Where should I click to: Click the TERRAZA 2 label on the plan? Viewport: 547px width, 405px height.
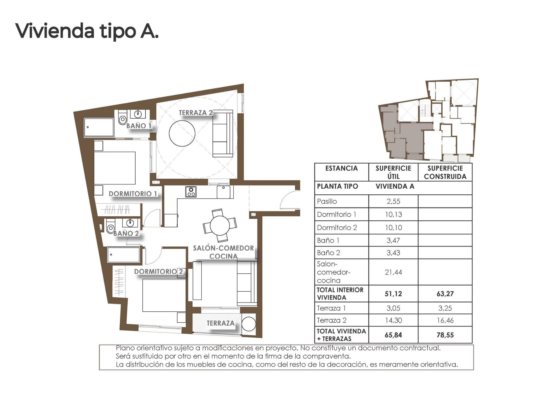195,113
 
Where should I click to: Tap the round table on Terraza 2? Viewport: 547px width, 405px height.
182,133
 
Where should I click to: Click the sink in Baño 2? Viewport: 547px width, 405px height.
130,222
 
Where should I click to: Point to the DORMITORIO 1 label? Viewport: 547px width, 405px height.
133,194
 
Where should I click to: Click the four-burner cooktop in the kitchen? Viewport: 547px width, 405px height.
191,192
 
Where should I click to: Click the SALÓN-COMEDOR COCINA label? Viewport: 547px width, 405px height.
223,252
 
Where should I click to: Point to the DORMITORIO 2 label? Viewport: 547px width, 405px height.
158,271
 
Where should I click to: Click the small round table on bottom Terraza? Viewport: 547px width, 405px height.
248,324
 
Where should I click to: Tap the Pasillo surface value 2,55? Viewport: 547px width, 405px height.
393,202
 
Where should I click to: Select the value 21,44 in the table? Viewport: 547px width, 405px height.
393,272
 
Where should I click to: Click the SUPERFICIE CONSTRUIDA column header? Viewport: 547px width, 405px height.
445,172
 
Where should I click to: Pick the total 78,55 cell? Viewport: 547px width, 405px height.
445,335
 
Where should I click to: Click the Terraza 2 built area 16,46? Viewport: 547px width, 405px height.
445,321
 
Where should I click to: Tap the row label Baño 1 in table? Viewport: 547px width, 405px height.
328,241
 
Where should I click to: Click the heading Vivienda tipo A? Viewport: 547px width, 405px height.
87,31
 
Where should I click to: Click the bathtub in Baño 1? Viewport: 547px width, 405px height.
99,127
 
